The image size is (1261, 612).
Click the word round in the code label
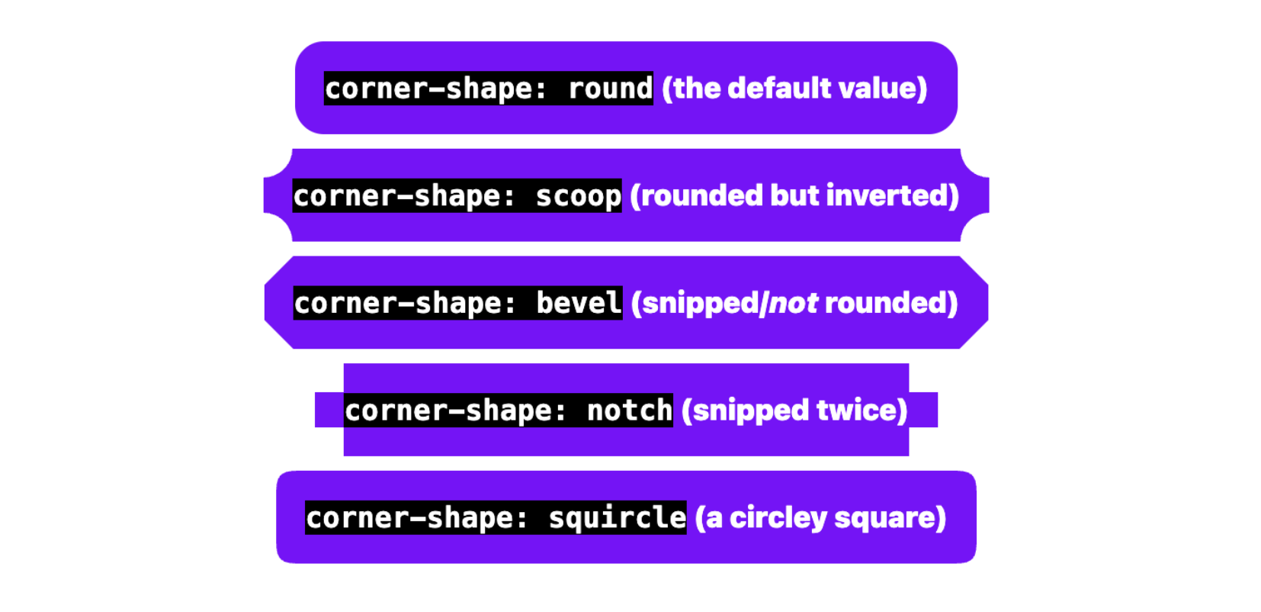pyautogui.click(x=610, y=89)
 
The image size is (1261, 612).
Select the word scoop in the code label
pyautogui.click(x=578, y=196)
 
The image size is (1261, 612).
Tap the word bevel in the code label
pyautogui.click(x=579, y=303)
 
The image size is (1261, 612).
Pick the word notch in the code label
pyautogui.click(x=629, y=411)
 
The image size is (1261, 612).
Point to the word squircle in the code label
pyautogui.click(x=617, y=518)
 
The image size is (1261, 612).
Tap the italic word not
pyautogui.click(x=793, y=304)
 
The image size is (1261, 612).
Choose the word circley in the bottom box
pyautogui.click(x=778, y=518)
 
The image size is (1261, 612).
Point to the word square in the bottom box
pyautogui.click(x=885, y=518)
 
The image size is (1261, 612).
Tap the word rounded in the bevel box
pyautogui.click(x=885, y=303)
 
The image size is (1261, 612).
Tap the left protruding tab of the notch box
pyautogui.click(x=329, y=410)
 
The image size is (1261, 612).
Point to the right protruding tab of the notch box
pyautogui.click(x=923, y=410)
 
